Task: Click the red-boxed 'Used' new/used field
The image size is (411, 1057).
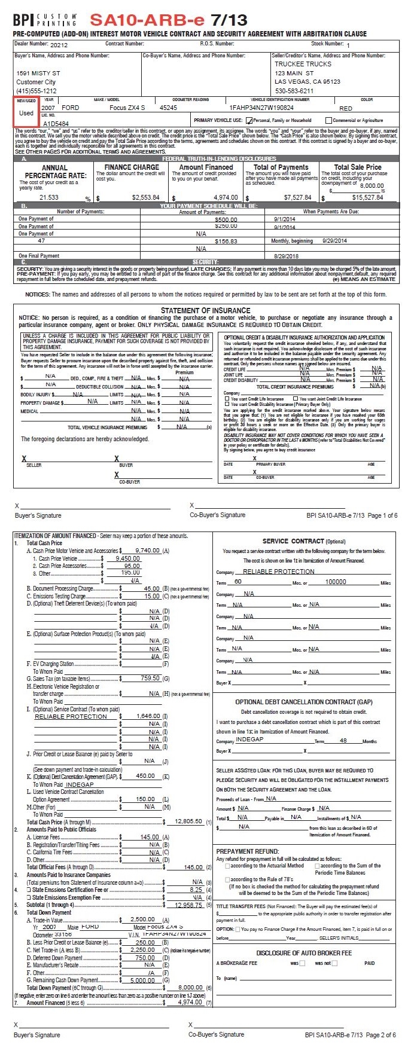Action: tap(26, 112)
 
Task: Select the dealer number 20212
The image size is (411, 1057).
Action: tap(59, 45)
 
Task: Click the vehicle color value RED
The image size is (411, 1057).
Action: tap(346, 108)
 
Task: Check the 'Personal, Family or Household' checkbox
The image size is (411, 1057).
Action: tap(249, 120)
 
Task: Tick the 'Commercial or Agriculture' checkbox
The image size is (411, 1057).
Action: tap(328, 120)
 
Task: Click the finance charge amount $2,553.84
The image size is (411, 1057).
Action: tap(145, 197)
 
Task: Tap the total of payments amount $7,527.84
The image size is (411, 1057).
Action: tap(297, 197)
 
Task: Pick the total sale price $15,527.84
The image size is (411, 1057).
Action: tap(367, 197)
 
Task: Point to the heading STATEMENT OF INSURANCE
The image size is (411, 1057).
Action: tap(205, 310)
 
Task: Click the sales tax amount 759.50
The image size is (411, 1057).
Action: tap(150, 678)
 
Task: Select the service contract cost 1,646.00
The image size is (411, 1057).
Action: tap(148, 716)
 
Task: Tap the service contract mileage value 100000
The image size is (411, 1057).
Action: tap(336, 582)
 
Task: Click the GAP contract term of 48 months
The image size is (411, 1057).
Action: tap(343, 740)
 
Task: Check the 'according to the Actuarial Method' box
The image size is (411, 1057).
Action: tap(227, 866)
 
